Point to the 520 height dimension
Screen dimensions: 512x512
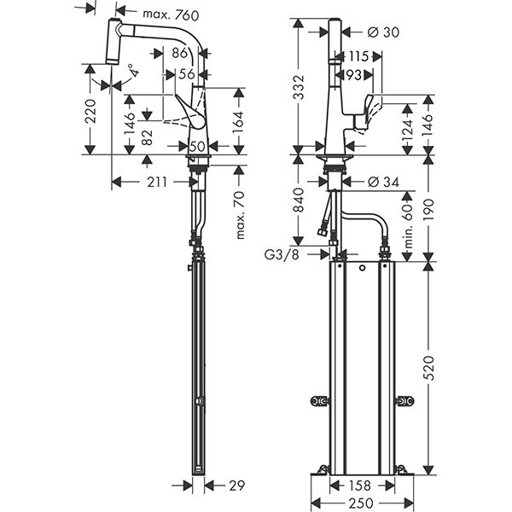[x=430, y=368]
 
